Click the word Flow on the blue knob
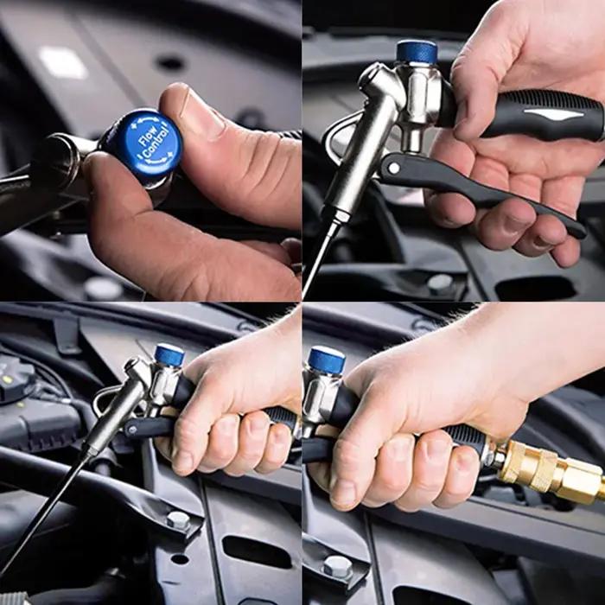coord(148,136)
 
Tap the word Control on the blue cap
coord(157,144)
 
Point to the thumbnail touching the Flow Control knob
coord(200,112)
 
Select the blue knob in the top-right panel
coord(417,52)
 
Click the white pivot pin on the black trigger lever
coord(394,168)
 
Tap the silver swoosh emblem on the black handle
coord(554,113)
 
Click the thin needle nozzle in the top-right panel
coord(320,258)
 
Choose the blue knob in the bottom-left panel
coord(169,354)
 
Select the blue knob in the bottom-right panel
coord(327,360)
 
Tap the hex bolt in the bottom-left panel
coord(178,520)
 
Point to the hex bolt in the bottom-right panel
coord(338,566)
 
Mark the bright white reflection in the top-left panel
coord(63,62)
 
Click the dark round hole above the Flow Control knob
coord(169,63)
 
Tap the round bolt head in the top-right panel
coord(440,283)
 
